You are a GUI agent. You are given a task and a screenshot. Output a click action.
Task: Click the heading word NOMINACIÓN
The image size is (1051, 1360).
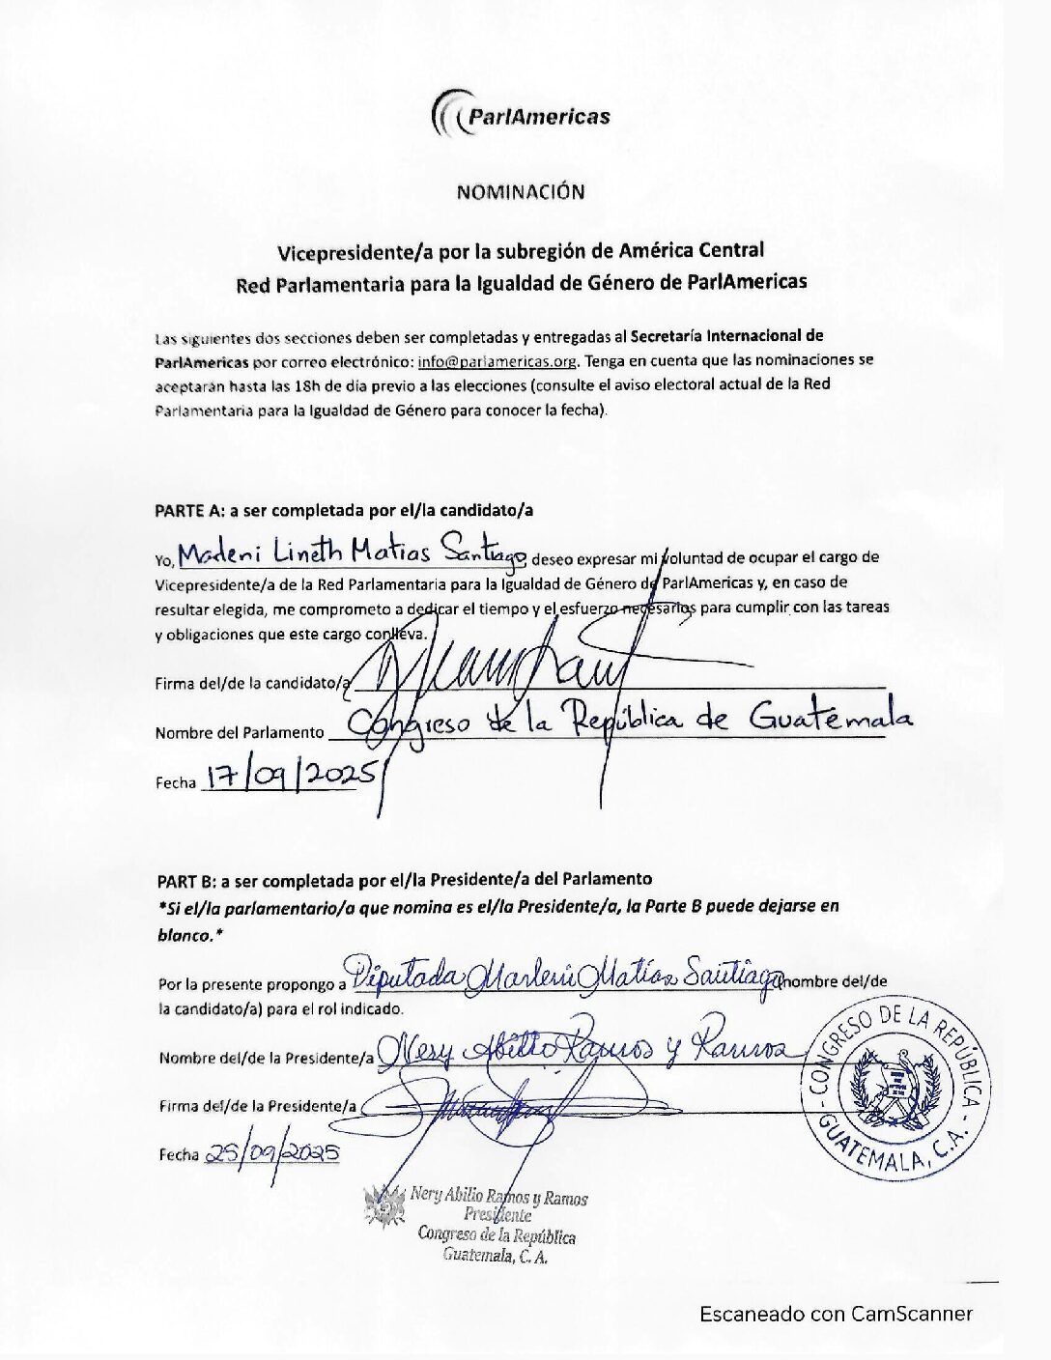(x=521, y=192)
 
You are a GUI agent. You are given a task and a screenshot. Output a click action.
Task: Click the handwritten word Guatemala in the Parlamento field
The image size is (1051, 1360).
(x=831, y=719)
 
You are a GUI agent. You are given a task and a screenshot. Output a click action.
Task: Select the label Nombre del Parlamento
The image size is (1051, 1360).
(x=240, y=733)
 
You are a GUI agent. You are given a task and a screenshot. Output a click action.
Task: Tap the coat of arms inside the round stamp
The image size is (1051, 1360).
(x=893, y=1086)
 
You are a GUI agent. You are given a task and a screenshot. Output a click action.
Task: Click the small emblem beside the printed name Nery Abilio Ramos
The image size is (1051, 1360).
(x=384, y=1209)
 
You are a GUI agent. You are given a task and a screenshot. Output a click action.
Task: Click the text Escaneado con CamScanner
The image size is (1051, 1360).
(x=836, y=1314)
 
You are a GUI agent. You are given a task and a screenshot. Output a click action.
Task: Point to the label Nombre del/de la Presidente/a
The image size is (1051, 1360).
(x=267, y=1058)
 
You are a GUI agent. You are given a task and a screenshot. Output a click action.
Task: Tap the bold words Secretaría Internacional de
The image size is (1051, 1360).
(x=726, y=337)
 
